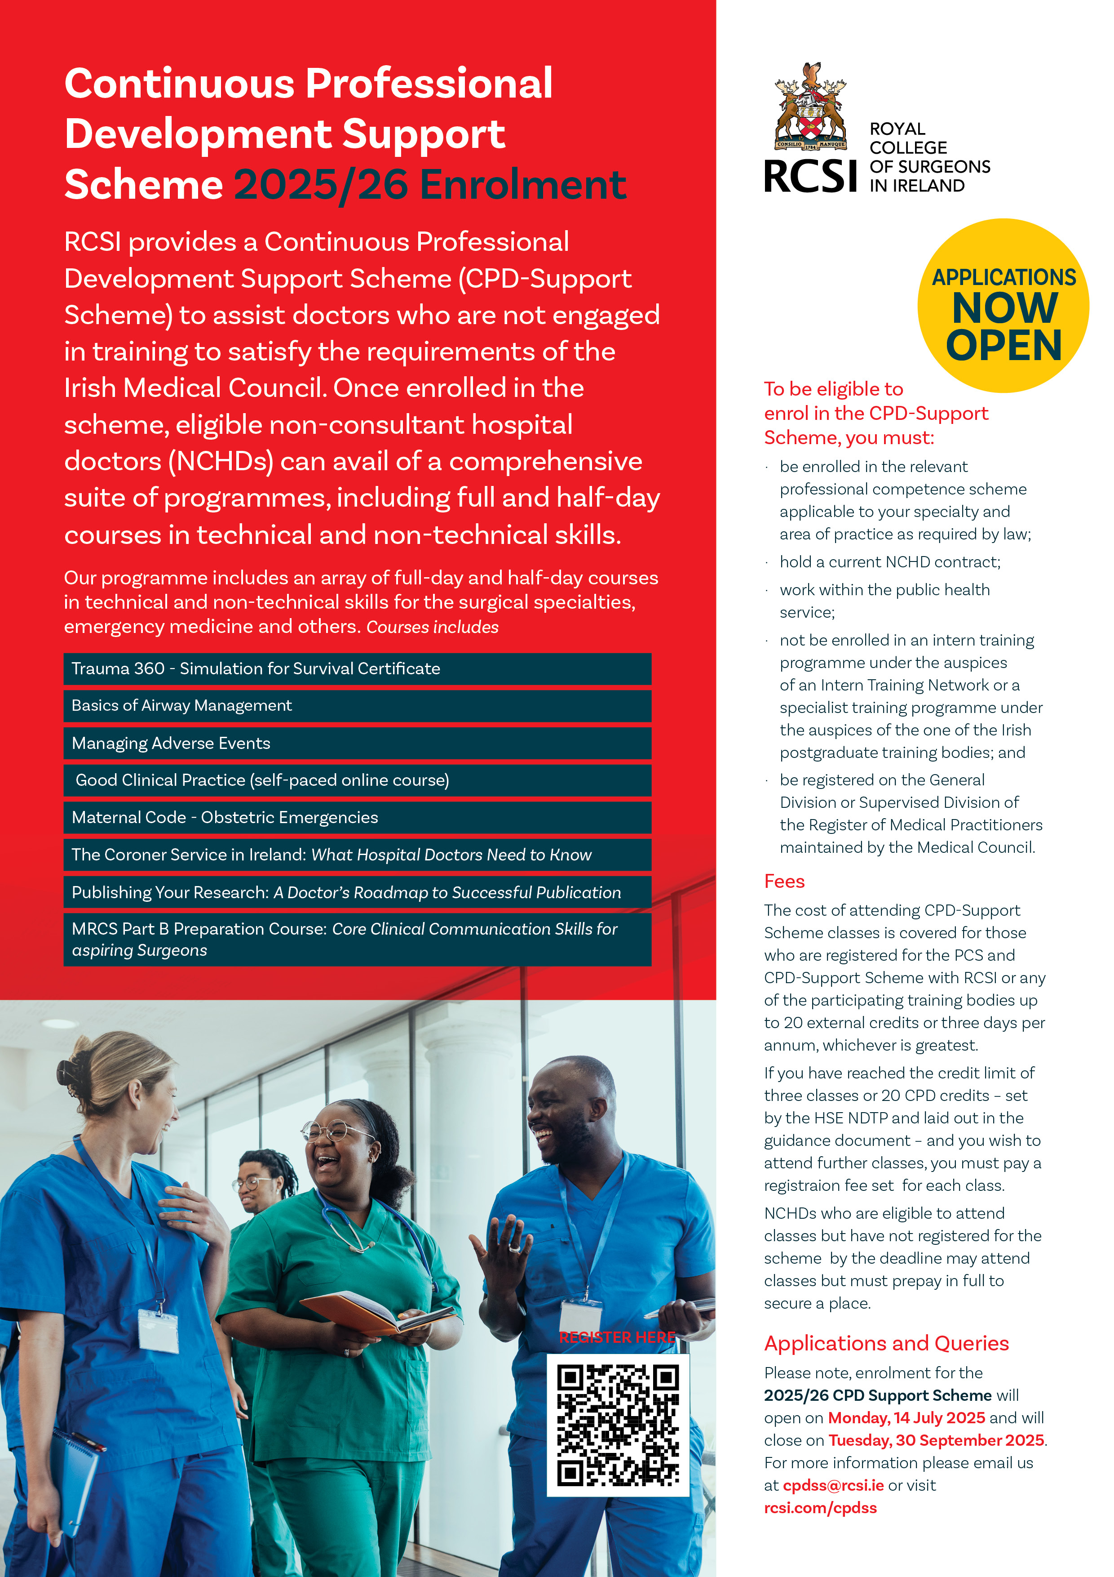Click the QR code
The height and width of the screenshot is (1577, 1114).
pos(618,1425)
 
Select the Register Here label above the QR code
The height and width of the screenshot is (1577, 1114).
pos(617,1337)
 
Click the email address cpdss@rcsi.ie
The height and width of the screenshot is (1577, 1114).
pos(833,1485)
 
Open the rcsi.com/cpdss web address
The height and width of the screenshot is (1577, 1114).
pos(820,1508)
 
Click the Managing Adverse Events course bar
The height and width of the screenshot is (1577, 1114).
pos(357,743)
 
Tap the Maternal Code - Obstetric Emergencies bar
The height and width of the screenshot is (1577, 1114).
pos(357,817)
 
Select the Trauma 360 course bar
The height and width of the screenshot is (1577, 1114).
pos(357,669)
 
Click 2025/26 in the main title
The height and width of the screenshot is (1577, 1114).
pos(321,185)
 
